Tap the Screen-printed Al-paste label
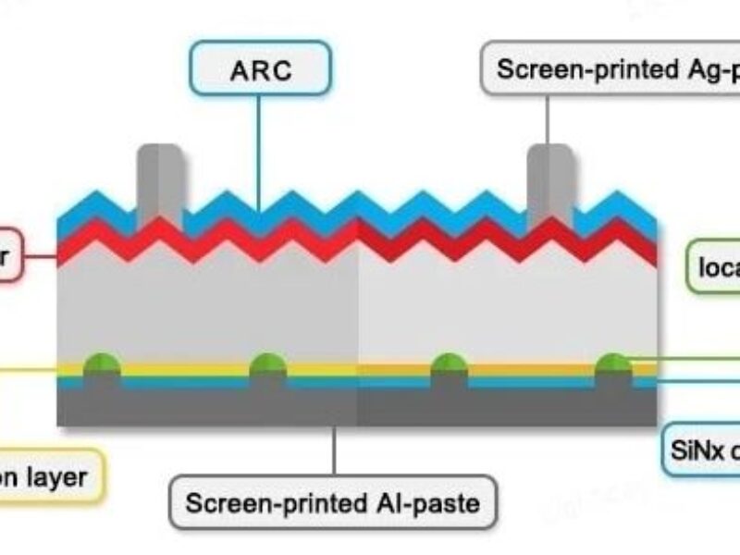(333, 502)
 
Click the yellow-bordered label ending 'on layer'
(51, 477)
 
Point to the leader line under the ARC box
(259, 148)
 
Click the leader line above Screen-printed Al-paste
(334, 453)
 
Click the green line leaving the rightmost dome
(684, 357)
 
